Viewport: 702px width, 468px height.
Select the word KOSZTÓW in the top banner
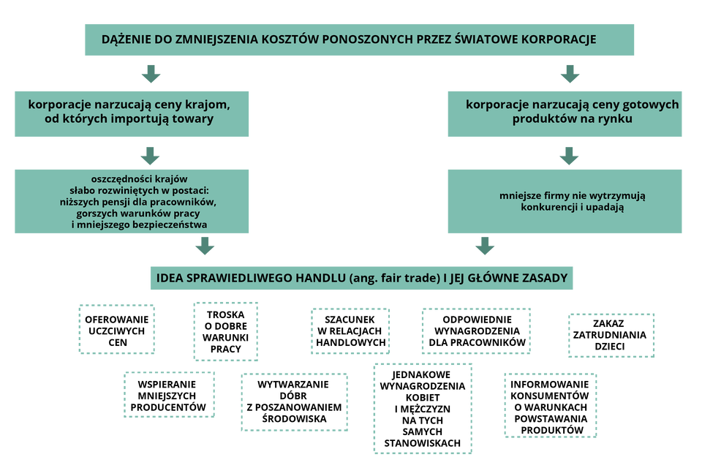point(282,39)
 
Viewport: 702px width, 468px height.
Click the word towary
point(195,118)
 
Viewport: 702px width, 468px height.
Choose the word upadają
point(605,207)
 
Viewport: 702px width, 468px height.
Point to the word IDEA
point(170,279)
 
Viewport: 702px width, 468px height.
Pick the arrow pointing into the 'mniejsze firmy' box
point(569,155)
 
